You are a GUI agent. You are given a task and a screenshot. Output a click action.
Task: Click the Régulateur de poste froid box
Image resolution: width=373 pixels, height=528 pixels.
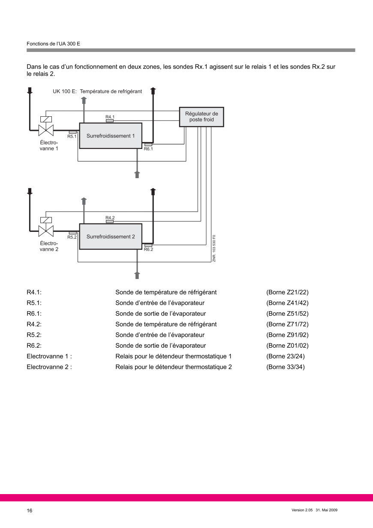pyautogui.click(x=202, y=117)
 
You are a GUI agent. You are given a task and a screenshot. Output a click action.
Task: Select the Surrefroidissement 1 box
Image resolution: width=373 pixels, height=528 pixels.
pyautogui.click(x=111, y=136)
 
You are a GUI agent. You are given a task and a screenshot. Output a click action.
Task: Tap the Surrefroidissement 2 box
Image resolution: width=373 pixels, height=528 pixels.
pyautogui.click(x=111, y=237)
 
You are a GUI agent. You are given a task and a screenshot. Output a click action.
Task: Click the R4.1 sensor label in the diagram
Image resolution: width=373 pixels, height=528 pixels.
pyautogui.click(x=110, y=117)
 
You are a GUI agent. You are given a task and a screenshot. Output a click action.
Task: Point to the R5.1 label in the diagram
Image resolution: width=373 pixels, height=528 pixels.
pyautogui.click(x=72, y=137)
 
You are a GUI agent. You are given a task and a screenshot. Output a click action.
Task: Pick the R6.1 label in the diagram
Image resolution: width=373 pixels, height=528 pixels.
pyautogui.click(x=148, y=149)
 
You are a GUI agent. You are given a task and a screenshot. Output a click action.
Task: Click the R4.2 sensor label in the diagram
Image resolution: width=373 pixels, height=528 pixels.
pyautogui.click(x=110, y=218)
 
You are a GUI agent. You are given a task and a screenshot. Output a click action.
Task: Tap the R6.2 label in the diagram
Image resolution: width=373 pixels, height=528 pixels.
pyautogui.click(x=148, y=249)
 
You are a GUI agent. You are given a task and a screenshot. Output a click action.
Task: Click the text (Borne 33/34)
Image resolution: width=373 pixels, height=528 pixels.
pyautogui.click(x=286, y=367)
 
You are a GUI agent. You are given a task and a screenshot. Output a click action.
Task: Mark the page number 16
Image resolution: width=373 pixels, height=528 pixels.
pyautogui.click(x=30, y=510)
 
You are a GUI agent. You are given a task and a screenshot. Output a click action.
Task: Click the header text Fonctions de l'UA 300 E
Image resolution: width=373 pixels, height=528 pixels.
pyautogui.click(x=53, y=44)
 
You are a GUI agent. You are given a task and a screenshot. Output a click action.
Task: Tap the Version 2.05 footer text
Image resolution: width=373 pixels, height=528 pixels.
pyautogui.click(x=302, y=510)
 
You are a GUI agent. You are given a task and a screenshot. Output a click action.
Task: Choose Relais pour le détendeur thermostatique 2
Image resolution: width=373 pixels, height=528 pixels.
pyautogui.click(x=174, y=367)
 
